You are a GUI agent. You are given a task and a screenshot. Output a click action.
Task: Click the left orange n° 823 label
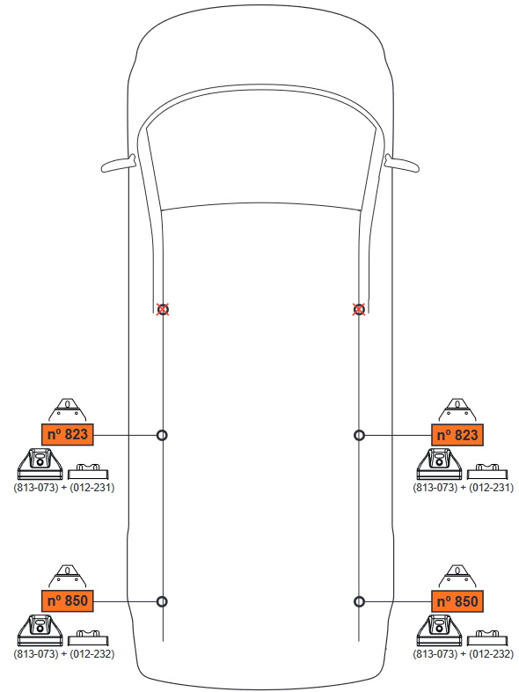pos(68,435)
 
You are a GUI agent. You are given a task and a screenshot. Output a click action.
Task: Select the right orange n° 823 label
pos(457,435)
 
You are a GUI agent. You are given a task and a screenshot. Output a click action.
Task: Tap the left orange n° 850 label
pos(68,600)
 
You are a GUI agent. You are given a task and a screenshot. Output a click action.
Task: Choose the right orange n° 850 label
pos(457,601)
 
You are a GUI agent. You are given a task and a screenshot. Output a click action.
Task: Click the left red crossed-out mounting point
pos(163,309)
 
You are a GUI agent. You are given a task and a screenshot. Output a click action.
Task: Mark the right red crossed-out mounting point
pos(359,309)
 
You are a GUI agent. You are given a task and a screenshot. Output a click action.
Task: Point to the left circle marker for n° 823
pos(162,435)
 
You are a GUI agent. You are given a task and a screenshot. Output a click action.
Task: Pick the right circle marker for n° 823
pos(360,436)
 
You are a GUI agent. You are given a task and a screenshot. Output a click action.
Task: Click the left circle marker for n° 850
pos(162,601)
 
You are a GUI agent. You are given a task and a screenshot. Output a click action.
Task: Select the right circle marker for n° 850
pos(360,601)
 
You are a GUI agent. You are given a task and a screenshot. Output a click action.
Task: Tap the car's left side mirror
pos(118,163)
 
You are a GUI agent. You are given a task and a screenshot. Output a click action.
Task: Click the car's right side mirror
pos(402,163)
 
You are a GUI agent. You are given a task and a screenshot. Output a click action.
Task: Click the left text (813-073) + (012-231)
pos(64,488)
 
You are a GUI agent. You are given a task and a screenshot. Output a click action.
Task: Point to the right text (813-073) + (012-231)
pos(463,488)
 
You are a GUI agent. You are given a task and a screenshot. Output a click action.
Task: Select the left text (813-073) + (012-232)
pos(64,653)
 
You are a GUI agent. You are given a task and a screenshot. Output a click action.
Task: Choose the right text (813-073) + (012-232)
pos(463,653)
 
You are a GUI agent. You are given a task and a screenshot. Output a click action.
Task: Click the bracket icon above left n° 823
pos(67,410)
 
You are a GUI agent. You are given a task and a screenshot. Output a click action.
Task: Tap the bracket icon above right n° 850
pos(457,576)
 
